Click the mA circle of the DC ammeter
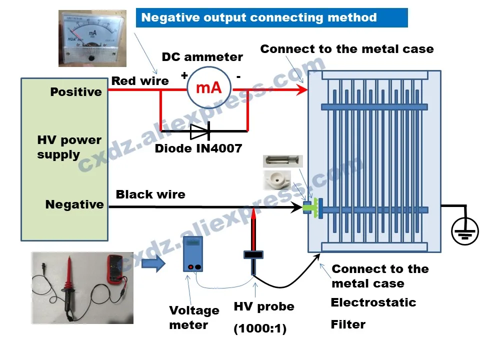tap(208, 88)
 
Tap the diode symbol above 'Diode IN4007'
tap(200, 131)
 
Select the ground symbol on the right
tap(466, 231)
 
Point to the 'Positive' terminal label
tap(76, 92)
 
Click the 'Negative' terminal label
tap(74, 204)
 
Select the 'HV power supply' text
tap(69, 147)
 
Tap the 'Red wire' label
tap(140, 81)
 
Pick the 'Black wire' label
tap(150, 194)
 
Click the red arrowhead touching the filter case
tap(301, 90)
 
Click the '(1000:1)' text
tap(260, 329)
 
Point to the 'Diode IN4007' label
tap(198, 148)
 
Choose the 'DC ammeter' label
tap(202, 57)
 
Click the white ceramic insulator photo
tap(277, 180)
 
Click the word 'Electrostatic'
tap(373, 302)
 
